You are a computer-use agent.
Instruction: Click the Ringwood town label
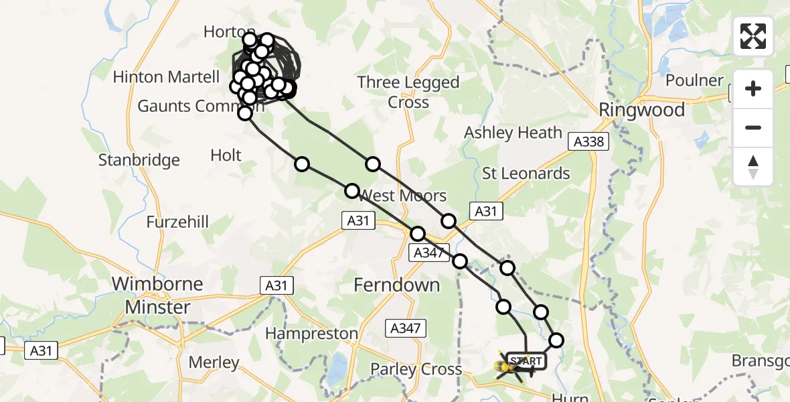coord(641,110)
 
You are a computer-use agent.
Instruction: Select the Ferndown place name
coord(396,285)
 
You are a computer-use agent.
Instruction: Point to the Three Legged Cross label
coord(408,92)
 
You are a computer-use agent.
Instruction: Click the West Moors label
coord(403,196)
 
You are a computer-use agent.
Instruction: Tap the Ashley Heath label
coord(513,133)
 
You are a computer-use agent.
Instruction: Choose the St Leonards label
coord(526,174)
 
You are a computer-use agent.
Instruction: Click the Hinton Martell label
coord(166,77)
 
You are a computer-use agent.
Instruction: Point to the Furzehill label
coord(178,222)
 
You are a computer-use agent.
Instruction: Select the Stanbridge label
coord(139,160)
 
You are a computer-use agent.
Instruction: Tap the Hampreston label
coord(312,333)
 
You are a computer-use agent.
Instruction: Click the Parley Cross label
coord(416,369)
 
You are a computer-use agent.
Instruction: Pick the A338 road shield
coord(588,141)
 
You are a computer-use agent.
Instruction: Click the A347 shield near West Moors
coord(428,253)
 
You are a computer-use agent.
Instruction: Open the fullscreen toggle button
coord(753,36)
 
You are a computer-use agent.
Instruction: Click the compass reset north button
coord(753,167)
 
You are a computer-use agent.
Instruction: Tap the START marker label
coord(526,362)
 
